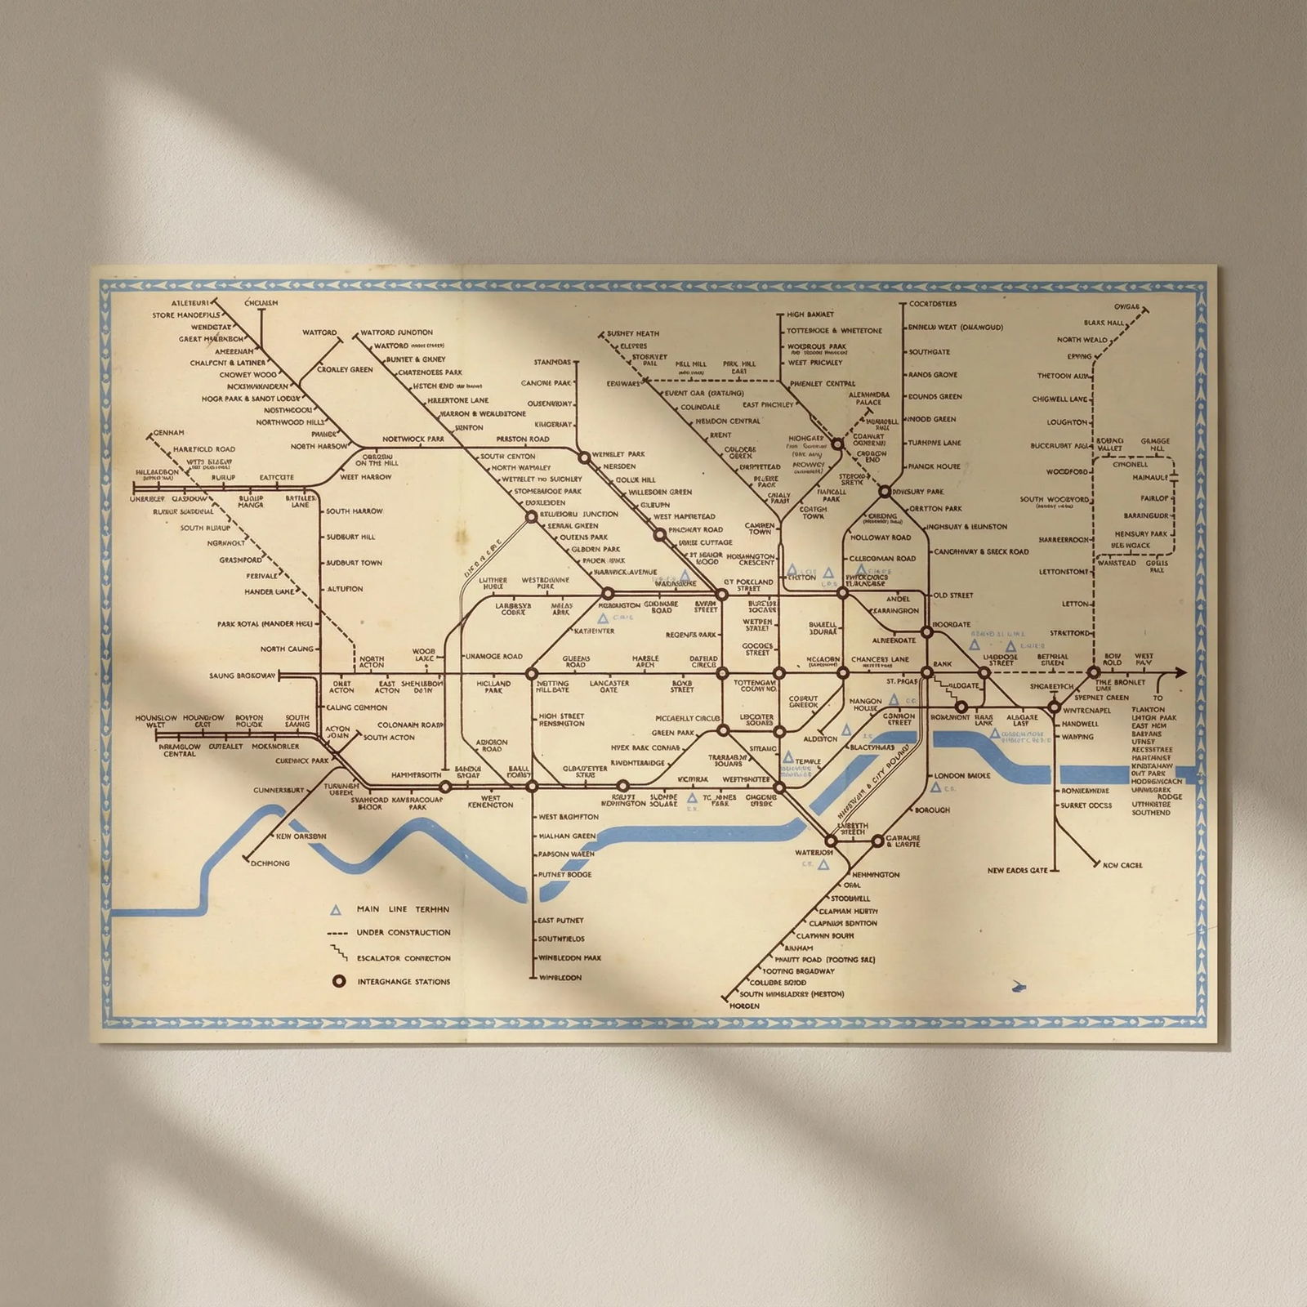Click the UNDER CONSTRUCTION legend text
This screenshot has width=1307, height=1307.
[x=404, y=932]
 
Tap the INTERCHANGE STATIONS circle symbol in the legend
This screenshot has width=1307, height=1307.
[x=338, y=981]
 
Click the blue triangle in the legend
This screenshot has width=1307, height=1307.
[x=336, y=909]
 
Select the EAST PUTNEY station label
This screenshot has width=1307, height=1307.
[x=560, y=921]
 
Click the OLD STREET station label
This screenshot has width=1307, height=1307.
[x=952, y=596]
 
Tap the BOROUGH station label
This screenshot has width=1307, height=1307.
[x=931, y=810]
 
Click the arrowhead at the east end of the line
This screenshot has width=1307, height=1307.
[x=1180, y=672]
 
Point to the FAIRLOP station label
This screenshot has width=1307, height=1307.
[x=1155, y=497]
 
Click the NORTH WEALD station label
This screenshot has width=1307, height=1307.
[x=1082, y=340]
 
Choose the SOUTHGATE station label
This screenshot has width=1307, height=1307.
[x=930, y=352]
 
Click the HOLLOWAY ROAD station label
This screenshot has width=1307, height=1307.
[x=881, y=538]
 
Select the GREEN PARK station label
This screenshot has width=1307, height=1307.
[x=673, y=733]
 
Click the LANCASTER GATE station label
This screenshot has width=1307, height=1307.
[x=609, y=686]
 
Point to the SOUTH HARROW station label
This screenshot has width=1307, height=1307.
[x=354, y=511]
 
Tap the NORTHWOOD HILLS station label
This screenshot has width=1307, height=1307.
[x=291, y=422]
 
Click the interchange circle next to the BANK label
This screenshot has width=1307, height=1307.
[x=926, y=672]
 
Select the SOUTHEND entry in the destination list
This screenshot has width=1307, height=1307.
[x=1151, y=813]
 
